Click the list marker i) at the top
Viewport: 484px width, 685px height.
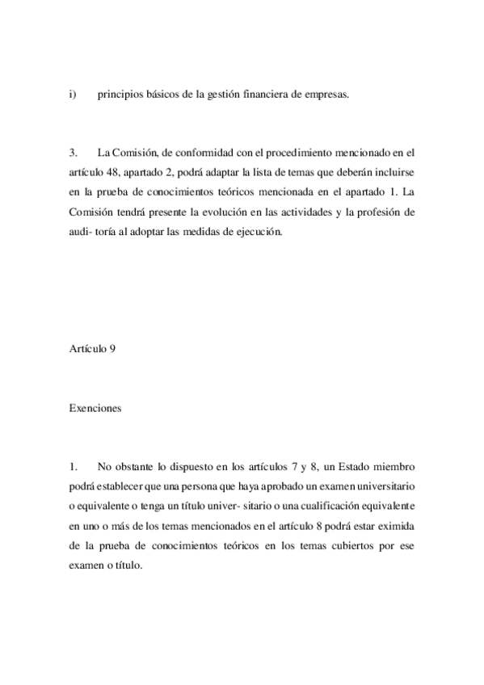[x=72, y=95]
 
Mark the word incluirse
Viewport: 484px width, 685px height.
[x=395, y=173]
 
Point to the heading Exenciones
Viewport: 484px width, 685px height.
[x=95, y=409]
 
